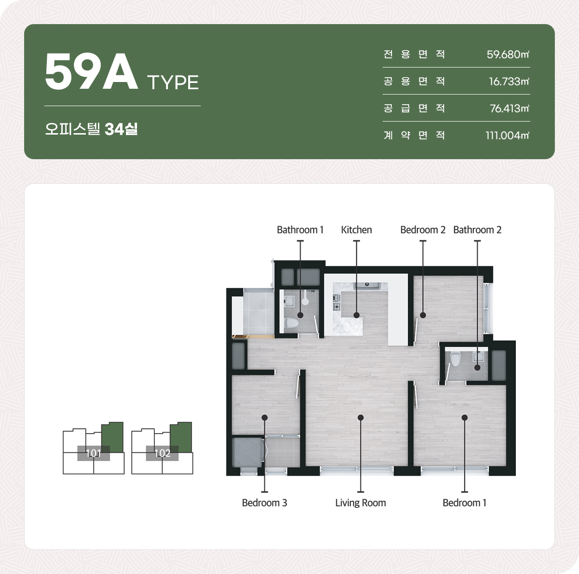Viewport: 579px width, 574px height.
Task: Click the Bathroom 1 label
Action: pos(300,230)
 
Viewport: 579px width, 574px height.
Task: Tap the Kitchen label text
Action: pos(357,230)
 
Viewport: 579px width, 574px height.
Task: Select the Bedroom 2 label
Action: pos(423,230)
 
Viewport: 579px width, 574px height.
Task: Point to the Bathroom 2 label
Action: pos(477,230)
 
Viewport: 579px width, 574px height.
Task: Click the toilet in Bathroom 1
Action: pos(291,323)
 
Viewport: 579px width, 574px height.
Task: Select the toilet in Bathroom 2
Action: pos(455,359)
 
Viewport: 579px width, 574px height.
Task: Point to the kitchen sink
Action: pos(367,285)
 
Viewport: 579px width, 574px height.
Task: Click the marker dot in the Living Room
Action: pos(360,417)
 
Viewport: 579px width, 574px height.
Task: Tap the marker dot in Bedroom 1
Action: pos(465,417)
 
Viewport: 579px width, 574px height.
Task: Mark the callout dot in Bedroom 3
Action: pos(264,417)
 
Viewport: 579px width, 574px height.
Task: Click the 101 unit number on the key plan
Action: pos(94,453)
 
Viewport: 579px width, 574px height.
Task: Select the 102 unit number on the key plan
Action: pos(162,453)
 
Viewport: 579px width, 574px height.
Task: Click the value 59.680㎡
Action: pos(508,55)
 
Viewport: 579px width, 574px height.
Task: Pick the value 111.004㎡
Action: pos(507,136)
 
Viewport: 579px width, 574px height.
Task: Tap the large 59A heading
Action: pos(91,71)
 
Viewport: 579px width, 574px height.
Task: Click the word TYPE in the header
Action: pos(173,82)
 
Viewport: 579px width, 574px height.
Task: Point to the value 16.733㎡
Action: pos(509,82)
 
